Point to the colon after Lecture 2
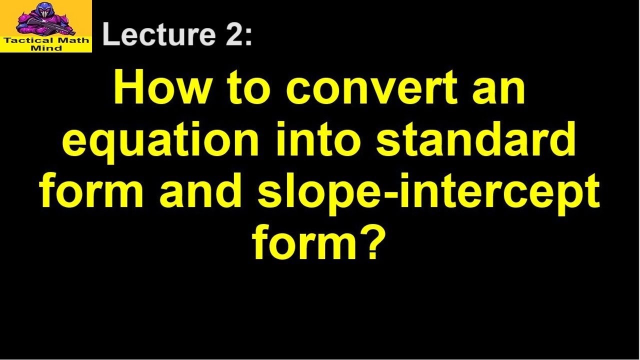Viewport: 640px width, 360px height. tap(248, 37)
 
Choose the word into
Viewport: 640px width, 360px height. tap(317, 139)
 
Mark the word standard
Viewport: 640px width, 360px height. tap(475, 139)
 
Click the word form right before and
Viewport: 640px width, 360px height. tap(91, 190)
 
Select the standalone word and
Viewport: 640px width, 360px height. tap(199, 190)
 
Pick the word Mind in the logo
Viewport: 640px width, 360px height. tap(46, 48)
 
